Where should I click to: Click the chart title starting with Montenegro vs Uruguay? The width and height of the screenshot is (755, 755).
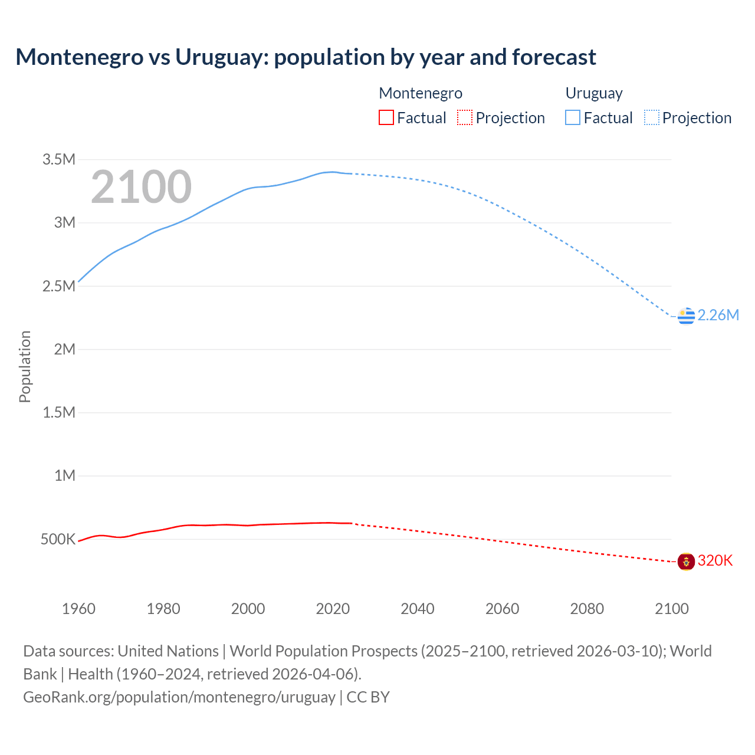pyautogui.click(x=306, y=57)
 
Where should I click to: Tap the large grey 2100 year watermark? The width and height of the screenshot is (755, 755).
pyautogui.click(x=141, y=187)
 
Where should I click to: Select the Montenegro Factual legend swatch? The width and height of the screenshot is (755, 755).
pyautogui.click(x=386, y=118)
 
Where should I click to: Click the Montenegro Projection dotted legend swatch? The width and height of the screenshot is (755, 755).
pyautogui.click(x=465, y=118)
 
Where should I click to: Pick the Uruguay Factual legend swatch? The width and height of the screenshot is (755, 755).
pyautogui.click(x=573, y=118)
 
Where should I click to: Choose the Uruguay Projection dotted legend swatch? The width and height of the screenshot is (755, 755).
pyautogui.click(x=651, y=118)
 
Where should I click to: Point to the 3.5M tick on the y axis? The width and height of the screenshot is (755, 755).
pyautogui.click(x=59, y=159)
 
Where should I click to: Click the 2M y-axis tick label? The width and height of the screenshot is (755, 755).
pyautogui.click(x=65, y=349)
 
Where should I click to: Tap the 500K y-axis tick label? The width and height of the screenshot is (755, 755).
pyautogui.click(x=58, y=539)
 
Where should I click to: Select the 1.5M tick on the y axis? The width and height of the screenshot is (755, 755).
pyautogui.click(x=59, y=412)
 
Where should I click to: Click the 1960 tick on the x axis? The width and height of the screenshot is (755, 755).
pyautogui.click(x=78, y=609)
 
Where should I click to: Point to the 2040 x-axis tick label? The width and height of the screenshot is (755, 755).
pyautogui.click(x=418, y=609)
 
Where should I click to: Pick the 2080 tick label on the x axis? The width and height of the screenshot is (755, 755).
pyautogui.click(x=587, y=609)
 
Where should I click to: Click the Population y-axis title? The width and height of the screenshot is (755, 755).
pyautogui.click(x=25, y=366)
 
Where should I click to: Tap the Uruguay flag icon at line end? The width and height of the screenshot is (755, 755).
pyautogui.click(x=686, y=316)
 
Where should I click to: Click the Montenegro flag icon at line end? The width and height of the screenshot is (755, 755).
pyautogui.click(x=686, y=562)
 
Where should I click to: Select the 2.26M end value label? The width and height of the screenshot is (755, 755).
pyautogui.click(x=718, y=316)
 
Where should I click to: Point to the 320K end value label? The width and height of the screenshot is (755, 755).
pyautogui.click(x=715, y=561)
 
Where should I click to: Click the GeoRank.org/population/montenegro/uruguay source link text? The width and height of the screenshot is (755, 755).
pyautogui.click(x=179, y=697)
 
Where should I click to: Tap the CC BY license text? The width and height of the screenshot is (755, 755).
pyautogui.click(x=368, y=697)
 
